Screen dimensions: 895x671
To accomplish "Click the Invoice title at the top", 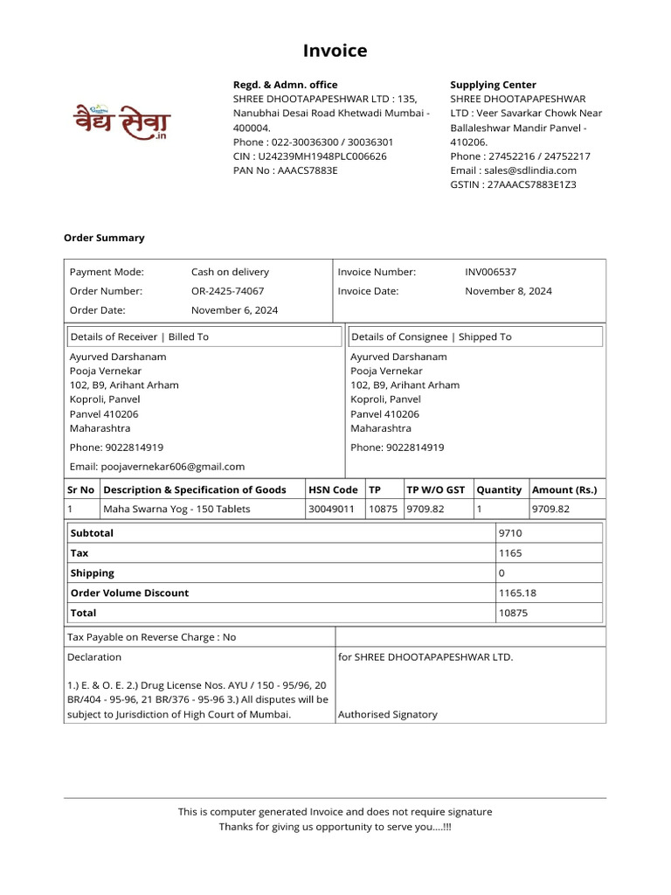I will point(335,52).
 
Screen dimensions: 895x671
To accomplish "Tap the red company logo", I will point(121,121).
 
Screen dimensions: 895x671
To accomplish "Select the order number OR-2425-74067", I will point(227,291).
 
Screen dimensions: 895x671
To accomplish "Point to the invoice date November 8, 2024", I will point(508,291).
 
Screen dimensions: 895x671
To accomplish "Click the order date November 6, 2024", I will point(234,310).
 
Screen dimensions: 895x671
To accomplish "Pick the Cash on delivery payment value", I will point(230,273).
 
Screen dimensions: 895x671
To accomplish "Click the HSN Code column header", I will point(333,490).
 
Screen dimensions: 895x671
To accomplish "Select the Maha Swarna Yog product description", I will point(176,509).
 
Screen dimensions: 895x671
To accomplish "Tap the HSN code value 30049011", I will point(331,509).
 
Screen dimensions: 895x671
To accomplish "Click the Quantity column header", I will point(499,490).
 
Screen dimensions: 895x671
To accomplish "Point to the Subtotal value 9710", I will point(510,533).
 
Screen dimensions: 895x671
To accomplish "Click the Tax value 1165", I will point(510,553).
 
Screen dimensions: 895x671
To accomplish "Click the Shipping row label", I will point(93,573).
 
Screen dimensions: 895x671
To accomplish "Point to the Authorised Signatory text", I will point(387,714).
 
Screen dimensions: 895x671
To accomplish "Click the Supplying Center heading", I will point(493,85).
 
